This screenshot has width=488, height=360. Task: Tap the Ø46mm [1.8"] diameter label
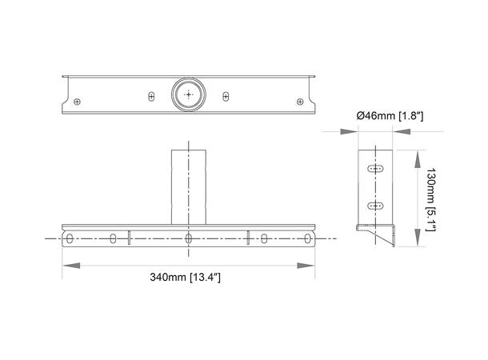390,117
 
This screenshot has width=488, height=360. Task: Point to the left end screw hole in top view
77,101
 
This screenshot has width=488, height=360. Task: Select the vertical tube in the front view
188,184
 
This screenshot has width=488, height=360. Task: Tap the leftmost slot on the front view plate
70,238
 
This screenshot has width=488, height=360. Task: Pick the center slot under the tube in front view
188,238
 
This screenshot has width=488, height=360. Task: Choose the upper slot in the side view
374,170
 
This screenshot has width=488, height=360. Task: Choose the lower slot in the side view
374,206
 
